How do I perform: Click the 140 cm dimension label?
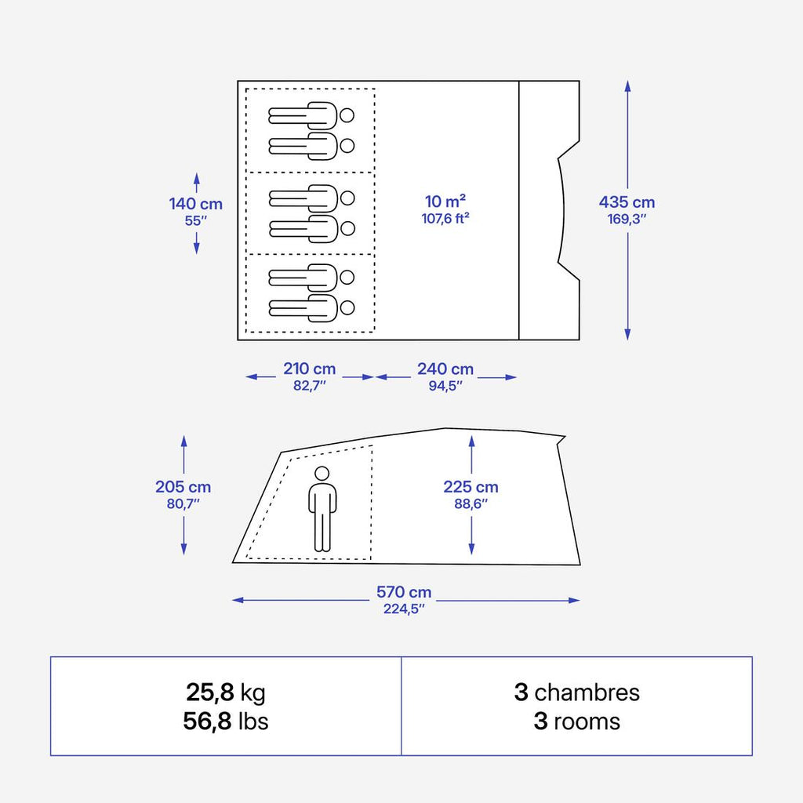click(195, 204)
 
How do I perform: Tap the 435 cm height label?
click(627, 202)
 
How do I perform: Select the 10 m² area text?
click(445, 201)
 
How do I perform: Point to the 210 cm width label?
click(309, 369)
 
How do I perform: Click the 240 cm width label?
click(445, 369)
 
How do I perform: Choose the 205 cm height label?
click(183, 487)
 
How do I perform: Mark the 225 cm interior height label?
click(471, 487)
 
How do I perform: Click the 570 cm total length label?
click(404, 592)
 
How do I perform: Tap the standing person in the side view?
click(322, 508)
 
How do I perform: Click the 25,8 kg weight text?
click(226, 692)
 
